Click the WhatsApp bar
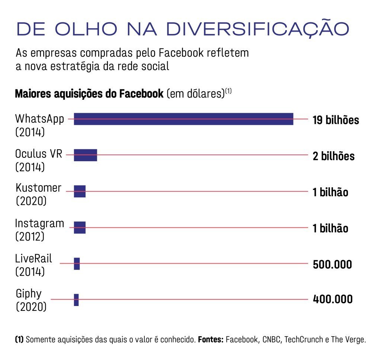(183, 119)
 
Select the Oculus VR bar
(85, 155)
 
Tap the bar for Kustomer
(80, 191)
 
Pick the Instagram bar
(80, 227)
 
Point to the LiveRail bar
(77, 264)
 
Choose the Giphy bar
(76, 300)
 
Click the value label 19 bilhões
(336, 120)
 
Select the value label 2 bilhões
(333, 156)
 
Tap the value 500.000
(332, 265)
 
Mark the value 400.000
(333, 299)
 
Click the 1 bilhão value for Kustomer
(330, 192)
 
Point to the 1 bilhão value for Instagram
(330, 228)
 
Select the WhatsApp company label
(39, 119)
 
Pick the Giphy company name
(28, 294)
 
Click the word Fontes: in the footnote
(210, 340)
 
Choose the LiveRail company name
(33, 258)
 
